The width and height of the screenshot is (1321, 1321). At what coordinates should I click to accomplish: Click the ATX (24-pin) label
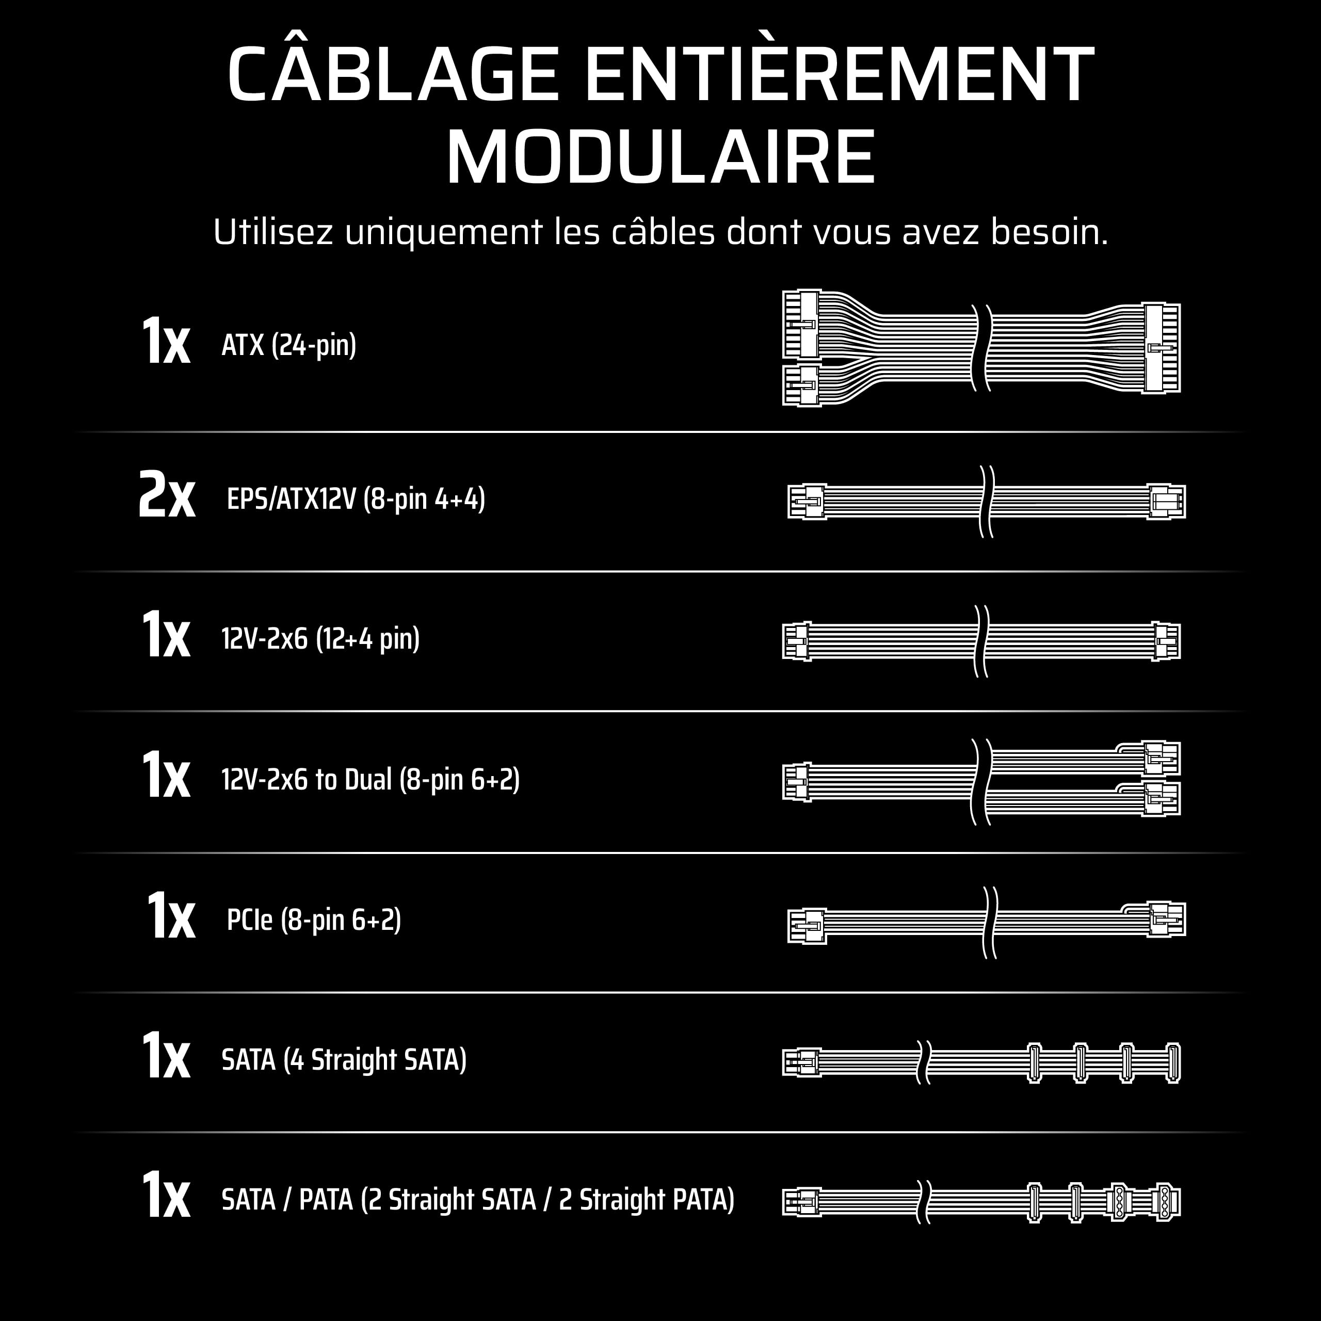pyautogui.click(x=288, y=345)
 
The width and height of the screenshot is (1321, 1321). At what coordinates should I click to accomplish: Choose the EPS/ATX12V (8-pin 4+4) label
pyautogui.click(x=356, y=498)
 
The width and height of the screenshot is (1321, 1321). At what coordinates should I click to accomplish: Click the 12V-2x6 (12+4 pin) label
pyautogui.click(x=320, y=639)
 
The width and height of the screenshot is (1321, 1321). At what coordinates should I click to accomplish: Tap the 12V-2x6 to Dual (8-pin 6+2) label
pyautogui.click(x=370, y=780)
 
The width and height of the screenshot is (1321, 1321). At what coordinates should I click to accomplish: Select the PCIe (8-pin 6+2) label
pyautogui.click(x=313, y=920)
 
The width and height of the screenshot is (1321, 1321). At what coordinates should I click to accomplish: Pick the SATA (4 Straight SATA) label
pyautogui.click(x=344, y=1060)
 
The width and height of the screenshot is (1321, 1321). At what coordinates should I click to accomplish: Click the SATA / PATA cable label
pyautogui.click(x=478, y=1200)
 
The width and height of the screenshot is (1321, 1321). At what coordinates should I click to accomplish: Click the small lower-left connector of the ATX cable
pyautogui.click(x=801, y=385)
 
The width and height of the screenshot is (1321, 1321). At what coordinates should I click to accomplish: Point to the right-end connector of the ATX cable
pyautogui.click(x=1162, y=348)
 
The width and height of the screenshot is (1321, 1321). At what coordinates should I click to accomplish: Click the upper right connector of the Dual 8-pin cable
pyautogui.click(x=1162, y=758)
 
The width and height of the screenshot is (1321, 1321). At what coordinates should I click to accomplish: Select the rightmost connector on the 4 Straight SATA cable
pyautogui.click(x=1172, y=1063)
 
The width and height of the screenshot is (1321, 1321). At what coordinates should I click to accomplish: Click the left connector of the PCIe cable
pyautogui.click(x=807, y=925)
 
